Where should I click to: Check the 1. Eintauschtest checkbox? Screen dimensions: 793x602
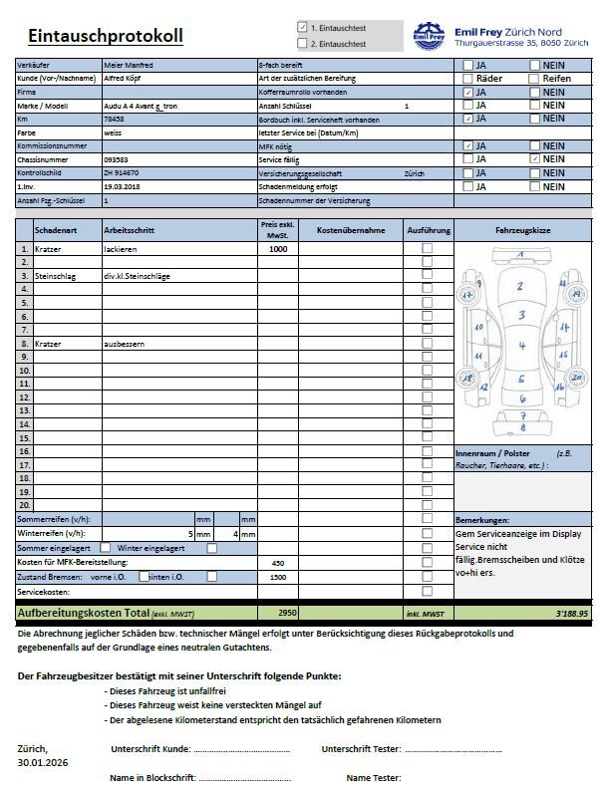(303, 28)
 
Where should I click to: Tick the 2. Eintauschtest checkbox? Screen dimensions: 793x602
(303, 44)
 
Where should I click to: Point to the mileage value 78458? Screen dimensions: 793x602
(114, 118)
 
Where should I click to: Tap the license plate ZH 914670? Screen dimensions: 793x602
(122, 172)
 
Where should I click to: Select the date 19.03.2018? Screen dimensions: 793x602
(122, 186)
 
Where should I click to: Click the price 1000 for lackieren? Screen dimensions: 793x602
(278, 249)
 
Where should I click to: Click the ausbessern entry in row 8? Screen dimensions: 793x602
(125, 344)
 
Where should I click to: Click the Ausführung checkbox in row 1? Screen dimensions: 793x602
(428, 249)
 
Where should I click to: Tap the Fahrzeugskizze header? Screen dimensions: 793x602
(522, 230)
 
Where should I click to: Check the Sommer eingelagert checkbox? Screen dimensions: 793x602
(106, 548)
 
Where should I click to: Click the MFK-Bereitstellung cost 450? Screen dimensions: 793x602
(278, 563)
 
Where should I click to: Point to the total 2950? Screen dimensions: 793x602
(287, 613)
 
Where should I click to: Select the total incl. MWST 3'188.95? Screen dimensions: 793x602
(572, 614)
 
